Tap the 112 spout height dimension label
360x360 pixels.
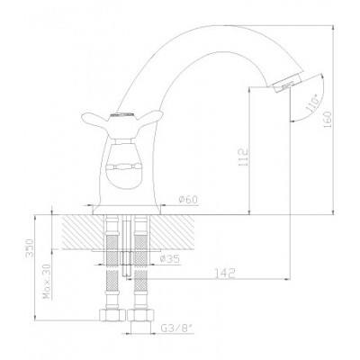pos(244,157)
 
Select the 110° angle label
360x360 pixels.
pos(312,103)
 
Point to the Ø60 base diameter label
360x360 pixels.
pos(188,200)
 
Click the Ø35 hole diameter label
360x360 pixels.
pos(169,259)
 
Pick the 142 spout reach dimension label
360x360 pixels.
pos(225,273)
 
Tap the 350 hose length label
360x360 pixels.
pos(30,248)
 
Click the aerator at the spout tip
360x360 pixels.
pos(286,83)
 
